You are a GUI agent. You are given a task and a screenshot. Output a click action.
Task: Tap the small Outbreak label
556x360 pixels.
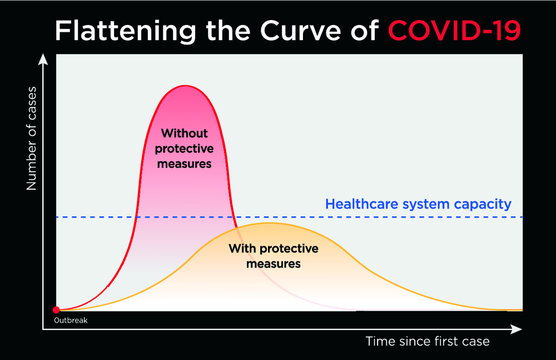(58, 321)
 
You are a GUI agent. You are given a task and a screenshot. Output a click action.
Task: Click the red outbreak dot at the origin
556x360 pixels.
(56, 310)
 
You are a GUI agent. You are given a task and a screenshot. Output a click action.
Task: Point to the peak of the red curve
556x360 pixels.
(184, 86)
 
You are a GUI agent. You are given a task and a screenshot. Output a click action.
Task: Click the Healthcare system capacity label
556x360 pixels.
(419, 204)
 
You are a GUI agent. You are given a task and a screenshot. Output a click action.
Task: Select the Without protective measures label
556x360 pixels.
(184, 148)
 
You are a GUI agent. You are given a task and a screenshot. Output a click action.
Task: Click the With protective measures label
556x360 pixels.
(265, 255)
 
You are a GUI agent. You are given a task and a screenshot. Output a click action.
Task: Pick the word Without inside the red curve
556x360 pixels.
(184, 133)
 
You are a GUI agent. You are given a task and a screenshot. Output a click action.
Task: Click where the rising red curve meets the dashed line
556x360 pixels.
(135, 217)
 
